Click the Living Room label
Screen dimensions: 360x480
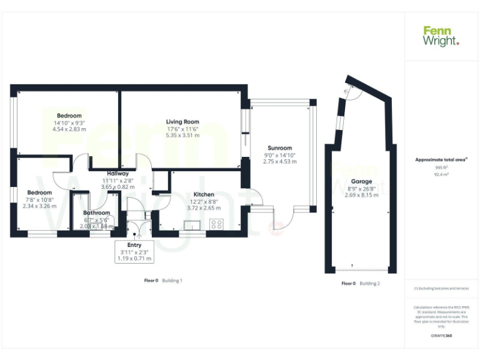click(182, 122)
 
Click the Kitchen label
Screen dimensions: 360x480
click(204, 194)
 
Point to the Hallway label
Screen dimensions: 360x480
click(117, 173)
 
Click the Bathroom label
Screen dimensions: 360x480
click(96, 212)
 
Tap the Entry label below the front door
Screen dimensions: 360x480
click(134, 245)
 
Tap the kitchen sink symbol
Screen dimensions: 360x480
click(191, 224)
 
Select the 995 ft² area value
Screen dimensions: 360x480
click(441, 167)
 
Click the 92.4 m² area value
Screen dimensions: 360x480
click(441, 175)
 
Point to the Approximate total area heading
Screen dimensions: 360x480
click(441, 159)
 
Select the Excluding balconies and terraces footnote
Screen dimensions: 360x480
click(441, 288)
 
